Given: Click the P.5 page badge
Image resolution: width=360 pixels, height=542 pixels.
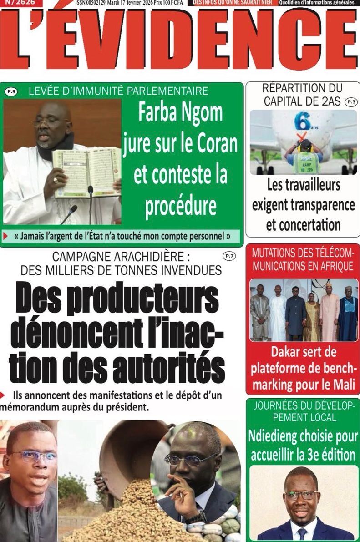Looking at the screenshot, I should coord(11,92).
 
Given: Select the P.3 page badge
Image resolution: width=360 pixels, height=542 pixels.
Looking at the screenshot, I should coord(351,102).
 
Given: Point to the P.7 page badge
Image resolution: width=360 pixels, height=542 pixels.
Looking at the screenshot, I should coord(229,256).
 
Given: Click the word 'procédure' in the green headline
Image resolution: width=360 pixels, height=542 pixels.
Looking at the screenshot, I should coord(181,206).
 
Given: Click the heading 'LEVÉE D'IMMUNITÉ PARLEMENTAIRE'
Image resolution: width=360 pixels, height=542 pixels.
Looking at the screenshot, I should coord(118,91).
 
